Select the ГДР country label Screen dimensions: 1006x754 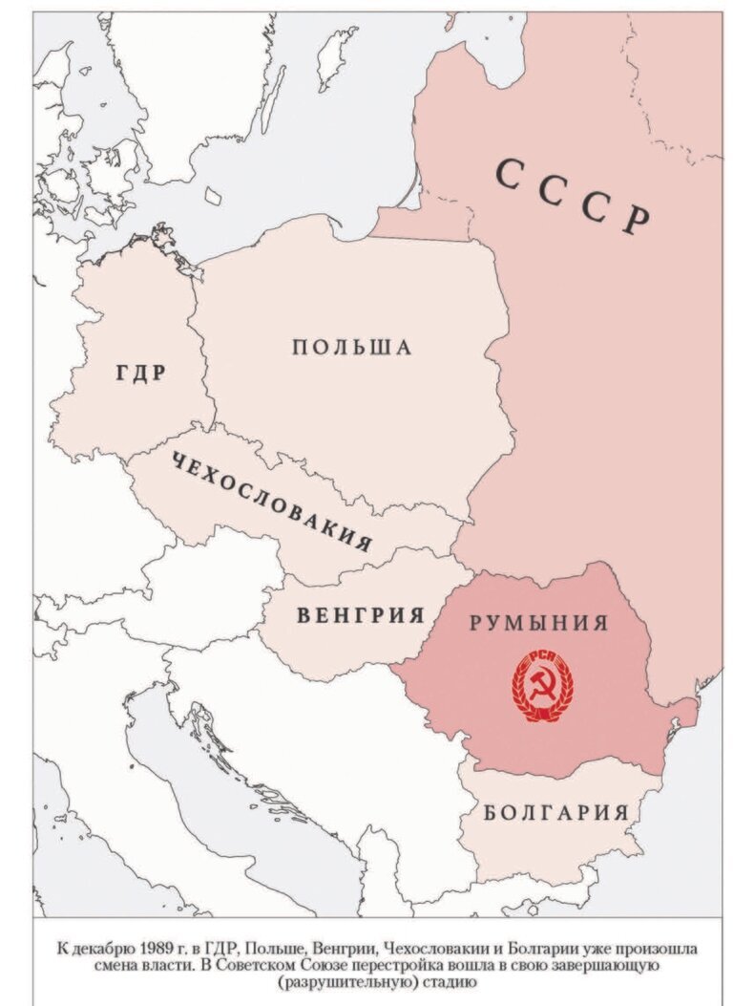[140, 373]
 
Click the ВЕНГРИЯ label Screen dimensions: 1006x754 [360, 614]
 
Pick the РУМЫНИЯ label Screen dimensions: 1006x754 [537, 623]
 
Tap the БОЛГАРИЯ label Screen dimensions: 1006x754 [555, 813]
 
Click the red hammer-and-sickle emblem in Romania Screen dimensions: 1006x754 [539, 687]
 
